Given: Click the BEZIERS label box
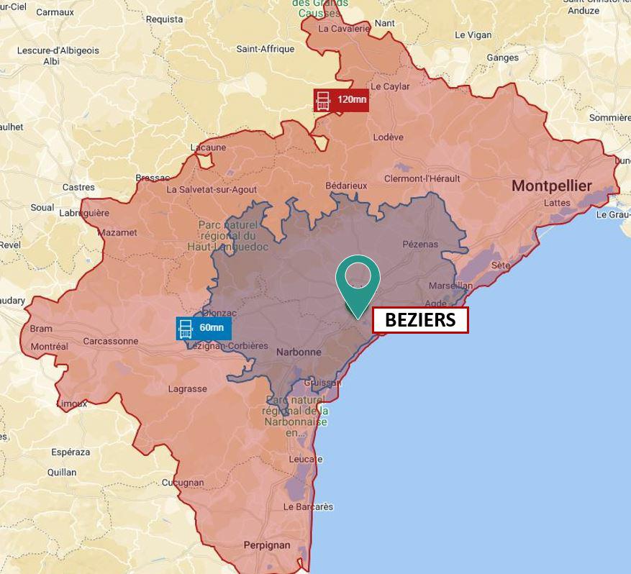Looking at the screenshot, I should [x=420, y=320].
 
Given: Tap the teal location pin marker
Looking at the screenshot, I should [x=358, y=280].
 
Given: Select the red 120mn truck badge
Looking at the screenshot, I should [x=341, y=99].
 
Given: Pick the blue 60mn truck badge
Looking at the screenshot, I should [x=204, y=328].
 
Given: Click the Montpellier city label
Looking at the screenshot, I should [x=551, y=186].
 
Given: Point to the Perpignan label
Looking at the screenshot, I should [x=267, y=545].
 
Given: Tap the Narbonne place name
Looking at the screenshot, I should [x=299, y=352].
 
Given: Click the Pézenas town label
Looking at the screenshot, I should [x=420, y=244].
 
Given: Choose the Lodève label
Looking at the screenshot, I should [x=389, y=137].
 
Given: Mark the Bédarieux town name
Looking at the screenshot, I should [x=346, y=186].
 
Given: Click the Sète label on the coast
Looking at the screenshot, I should [x=500, y=265].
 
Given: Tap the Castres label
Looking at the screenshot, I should [x=78, y=187].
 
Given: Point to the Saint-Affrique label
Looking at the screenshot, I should [x=265, y=49].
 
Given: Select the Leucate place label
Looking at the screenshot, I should [x=305, y=459].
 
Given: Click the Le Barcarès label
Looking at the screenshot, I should [x=308, y=506].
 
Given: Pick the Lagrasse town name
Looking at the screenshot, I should [x=187, y=389].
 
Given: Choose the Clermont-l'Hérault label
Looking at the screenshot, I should [x=422, y=178].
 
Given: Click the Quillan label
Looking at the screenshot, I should [x=62, y=473].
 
